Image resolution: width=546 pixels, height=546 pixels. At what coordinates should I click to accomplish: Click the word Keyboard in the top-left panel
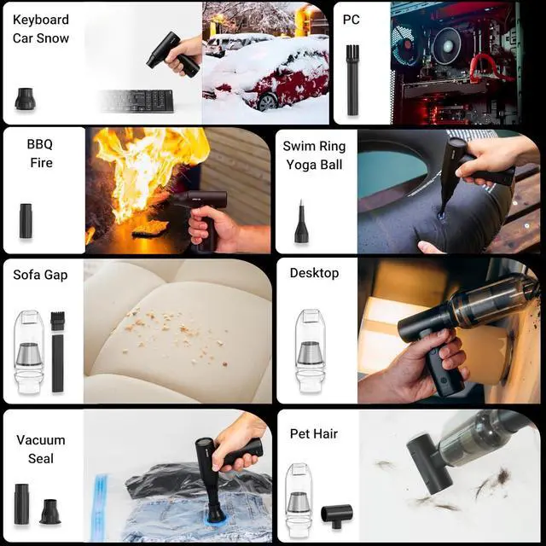(41, 20)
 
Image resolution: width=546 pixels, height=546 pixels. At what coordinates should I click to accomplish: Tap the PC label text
(351, 20)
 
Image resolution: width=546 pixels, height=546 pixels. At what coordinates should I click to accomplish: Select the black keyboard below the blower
(137, 101)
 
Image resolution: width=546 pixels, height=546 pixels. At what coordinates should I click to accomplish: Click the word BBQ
(39, 144)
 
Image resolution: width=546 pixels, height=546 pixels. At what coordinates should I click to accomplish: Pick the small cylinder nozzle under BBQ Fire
(26, 220)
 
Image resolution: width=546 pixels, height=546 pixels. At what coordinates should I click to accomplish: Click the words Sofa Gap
(40, 275)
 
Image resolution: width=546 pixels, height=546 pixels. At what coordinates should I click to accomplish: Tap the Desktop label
(314, 273)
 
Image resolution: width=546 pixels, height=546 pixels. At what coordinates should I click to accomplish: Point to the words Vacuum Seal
(40, 449)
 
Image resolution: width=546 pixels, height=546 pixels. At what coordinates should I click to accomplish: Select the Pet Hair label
(313, 433)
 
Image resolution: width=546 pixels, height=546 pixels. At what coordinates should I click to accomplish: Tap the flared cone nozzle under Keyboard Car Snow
(25, 98)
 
